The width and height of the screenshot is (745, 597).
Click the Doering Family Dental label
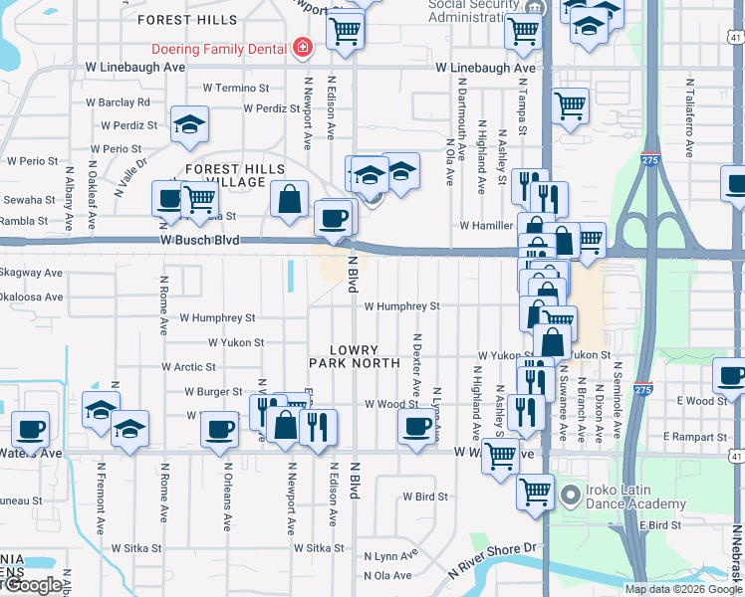pyautogui.click(x=219, y=48)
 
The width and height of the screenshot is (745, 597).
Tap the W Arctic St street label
pyautogui.click(x=188, y=367)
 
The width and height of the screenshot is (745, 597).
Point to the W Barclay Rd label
pyautogui.click(x=118, y=101)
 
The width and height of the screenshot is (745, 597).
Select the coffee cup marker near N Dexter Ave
pyautogui.click(x=417, y=426)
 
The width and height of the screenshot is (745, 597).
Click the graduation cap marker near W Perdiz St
pyautogui.click(x=188, y=123)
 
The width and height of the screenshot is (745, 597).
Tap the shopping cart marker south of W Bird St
pyautogui.click(x=536, y=491)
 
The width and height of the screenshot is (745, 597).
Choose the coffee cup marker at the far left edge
pyautogui.click(x=30, y=429)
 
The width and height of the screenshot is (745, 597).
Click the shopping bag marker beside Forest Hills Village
pyautogui.click(x=289, y=197)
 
